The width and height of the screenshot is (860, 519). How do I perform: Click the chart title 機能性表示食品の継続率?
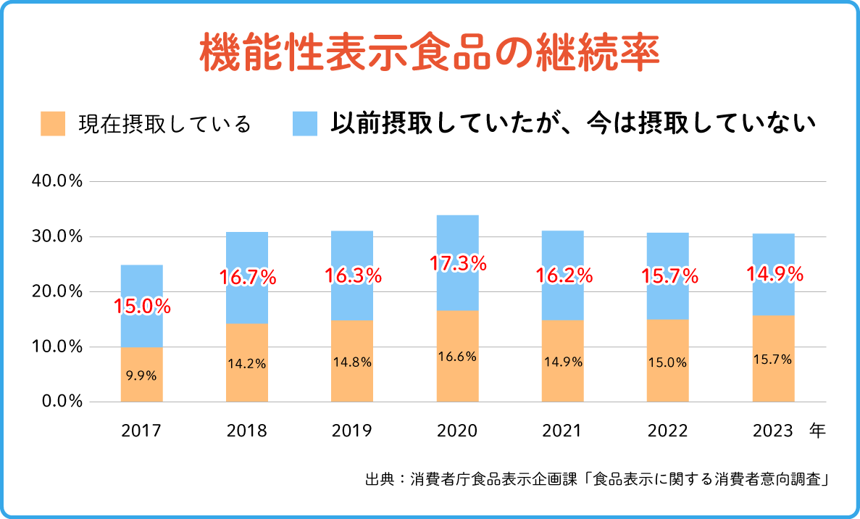click(430, 52)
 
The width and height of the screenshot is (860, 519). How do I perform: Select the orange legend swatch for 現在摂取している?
click(53, 124)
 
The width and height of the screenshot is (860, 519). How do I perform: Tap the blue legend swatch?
click(305, 124)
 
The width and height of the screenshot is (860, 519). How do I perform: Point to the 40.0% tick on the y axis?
click(57, 181)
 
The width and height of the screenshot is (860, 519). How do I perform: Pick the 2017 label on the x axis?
click(141, 431)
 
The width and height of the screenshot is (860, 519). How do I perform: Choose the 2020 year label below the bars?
click(457, 431)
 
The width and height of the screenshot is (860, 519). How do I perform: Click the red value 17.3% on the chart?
click(457, 264)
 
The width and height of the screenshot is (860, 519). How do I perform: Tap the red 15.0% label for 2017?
click(142, 306)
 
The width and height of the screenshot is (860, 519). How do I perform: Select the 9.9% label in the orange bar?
click(141, 375)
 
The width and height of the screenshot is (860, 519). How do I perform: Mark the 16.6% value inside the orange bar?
click(457, 356)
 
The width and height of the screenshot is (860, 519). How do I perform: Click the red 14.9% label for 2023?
click(775, 275)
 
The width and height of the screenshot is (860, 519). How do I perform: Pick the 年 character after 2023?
click(817, 431)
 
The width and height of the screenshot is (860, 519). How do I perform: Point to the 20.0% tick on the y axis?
click(57, 291)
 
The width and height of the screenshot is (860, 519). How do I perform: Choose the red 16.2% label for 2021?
click(564, 275)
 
